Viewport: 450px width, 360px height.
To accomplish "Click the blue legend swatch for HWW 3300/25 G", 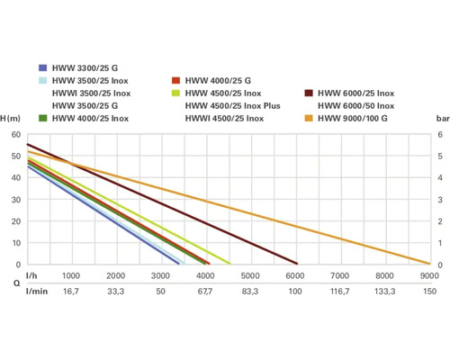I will coord(43,67).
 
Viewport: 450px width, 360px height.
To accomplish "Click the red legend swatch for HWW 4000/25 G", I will coord(176,80).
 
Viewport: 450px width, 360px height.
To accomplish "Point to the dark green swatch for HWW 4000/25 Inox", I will coord(43,118).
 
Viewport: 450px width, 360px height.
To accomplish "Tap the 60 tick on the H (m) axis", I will coord(16,135).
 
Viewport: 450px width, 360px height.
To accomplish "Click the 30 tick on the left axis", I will coord(16,200).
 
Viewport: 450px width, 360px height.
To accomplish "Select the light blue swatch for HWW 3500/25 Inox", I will coord(43,80).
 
